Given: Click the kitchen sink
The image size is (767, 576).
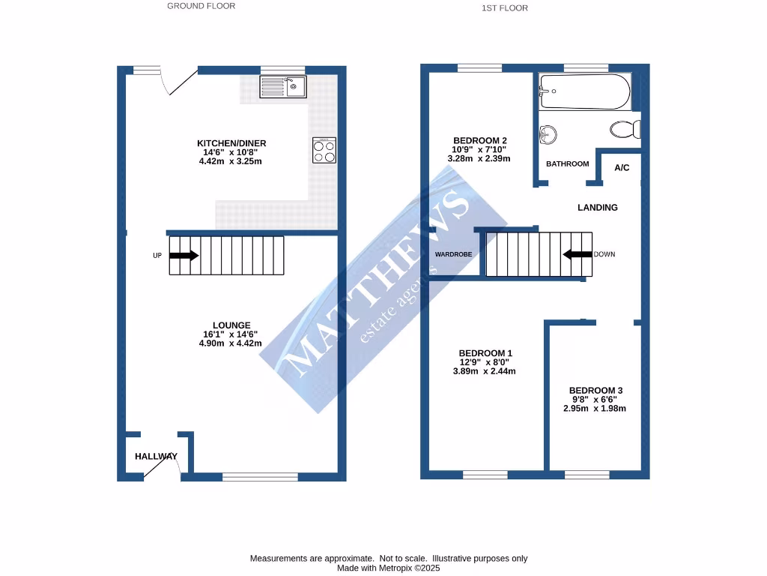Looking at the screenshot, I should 283,87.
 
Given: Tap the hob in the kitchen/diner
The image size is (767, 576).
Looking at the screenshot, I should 324,151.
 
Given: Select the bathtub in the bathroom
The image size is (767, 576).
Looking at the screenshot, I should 585,91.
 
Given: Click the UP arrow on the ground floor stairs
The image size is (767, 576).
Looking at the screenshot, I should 184,255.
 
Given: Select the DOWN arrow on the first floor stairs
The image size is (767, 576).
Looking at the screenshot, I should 577,254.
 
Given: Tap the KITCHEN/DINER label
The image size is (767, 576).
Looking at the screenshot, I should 231,143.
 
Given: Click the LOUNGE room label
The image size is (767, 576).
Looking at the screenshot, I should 231,325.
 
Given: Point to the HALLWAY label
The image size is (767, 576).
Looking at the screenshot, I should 156,456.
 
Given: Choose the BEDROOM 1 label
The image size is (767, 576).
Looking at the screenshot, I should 485,353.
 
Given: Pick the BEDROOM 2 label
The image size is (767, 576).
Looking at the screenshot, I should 480,140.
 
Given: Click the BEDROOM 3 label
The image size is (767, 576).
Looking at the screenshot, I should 595,390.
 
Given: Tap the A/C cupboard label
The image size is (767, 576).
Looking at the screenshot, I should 622,167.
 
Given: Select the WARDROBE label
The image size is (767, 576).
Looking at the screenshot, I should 454,254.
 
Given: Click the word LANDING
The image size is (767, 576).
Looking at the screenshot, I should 597,208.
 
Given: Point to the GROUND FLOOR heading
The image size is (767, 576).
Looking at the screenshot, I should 201,6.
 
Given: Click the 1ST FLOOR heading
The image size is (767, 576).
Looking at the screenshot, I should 506,8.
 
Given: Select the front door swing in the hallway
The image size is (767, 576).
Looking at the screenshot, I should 159,466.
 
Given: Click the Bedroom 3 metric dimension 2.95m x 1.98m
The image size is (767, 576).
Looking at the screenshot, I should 595,409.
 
